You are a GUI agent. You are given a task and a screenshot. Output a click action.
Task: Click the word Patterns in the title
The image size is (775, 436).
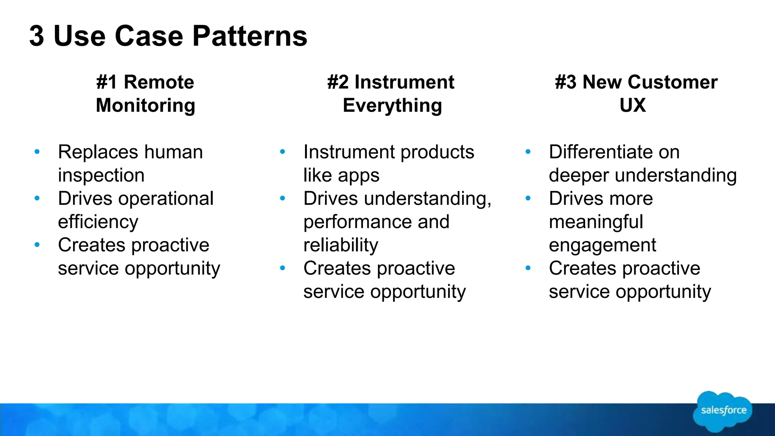pyautogui.click(x=250, y=36)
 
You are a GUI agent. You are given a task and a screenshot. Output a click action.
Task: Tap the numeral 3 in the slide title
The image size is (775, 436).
pyautogui.click(x=37, y=36)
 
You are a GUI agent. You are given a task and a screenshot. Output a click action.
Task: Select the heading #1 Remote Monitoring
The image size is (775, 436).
pyautogui.click(x=145, y=93)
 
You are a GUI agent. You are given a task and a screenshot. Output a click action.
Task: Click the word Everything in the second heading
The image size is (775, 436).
pyautogui.click(x=392, y=105)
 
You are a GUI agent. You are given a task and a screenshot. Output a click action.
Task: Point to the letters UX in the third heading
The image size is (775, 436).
pyautogui.click(x=633, y=105)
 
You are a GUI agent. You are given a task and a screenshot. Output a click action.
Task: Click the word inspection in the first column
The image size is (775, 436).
pyautogui.click(x=101, y=175)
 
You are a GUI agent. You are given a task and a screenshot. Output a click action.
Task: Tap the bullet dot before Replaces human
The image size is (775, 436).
pyautogui.click(x=37, y=152)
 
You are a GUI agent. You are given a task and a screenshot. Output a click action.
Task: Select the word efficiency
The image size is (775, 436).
pyautogui.click(x=98, y=222)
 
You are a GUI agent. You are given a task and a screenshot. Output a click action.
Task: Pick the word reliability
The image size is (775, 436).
pyautogui.click(x=341, y=245)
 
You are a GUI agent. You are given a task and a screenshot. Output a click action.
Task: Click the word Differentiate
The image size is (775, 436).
pyautogui.click(x=601, y=152)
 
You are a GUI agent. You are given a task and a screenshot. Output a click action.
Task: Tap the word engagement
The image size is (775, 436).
pyautogui.click(x=602, y=246)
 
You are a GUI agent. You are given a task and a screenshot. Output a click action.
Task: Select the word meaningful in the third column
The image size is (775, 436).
pyautogui.click(x=596, y=222)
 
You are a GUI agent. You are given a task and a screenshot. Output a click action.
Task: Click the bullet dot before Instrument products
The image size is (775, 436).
pyautogui.click(x=282, y=152)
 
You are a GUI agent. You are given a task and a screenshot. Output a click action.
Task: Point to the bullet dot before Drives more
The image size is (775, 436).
pyautogui.click(x=528, y=198)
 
